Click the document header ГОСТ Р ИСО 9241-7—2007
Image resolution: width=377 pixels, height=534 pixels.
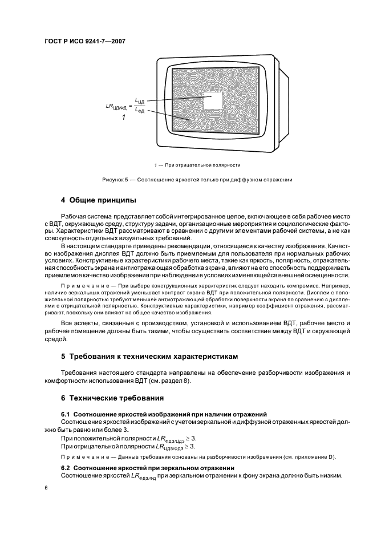(x=85, y=42)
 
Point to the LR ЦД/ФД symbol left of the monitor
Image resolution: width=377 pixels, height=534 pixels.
(x=117, y=106)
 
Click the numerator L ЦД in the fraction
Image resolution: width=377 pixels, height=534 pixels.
(x=140, y=100)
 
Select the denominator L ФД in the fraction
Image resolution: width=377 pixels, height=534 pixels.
(x=140, y=111)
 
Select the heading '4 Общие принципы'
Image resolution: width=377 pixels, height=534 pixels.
(x=98, y=200)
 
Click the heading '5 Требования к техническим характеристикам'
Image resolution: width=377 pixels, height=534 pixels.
(x=149, y=357)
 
